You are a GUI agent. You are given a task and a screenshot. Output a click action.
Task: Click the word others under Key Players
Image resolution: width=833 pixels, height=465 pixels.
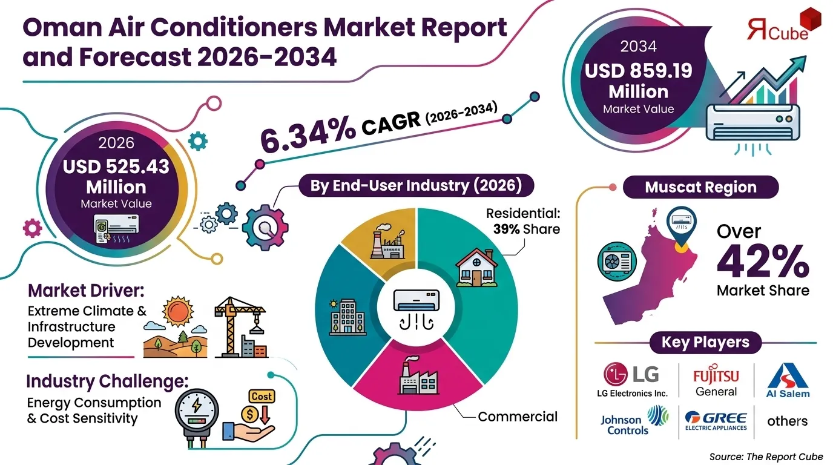(787, 421)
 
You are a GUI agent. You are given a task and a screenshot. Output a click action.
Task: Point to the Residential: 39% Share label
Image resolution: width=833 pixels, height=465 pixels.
(523, 222)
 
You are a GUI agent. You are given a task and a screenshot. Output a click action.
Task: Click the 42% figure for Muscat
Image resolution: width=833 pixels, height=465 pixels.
(763, 262)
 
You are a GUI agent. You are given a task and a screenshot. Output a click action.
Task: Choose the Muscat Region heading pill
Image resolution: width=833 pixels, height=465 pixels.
(700, 187)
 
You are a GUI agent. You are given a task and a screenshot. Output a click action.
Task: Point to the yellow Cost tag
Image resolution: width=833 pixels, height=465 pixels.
(262, 396)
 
